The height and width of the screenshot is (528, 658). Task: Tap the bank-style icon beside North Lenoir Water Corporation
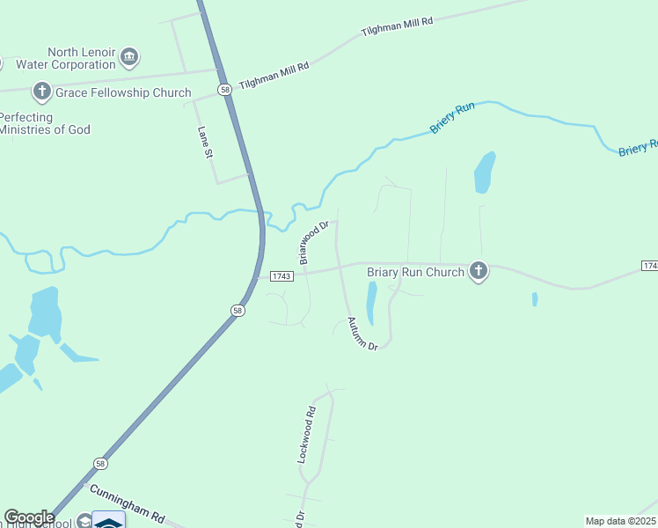point(129,58)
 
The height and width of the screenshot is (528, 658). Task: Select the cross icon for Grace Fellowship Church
point(41,91)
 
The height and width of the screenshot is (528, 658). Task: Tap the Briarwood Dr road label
point(312,242)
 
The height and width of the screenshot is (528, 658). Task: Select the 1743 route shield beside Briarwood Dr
point(281,275)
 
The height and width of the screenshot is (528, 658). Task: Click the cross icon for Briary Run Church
point(479,271)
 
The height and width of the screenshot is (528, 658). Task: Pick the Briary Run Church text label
point(414,272)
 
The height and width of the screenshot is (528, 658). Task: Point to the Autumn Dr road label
point(362,334)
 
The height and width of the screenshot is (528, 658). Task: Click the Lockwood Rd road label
point(305,435)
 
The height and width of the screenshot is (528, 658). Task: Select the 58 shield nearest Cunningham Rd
point(101,463)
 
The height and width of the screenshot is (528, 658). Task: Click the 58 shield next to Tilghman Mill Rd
point(226,90)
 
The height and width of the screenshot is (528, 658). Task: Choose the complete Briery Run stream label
point(452,119)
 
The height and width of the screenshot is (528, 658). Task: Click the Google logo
point(29,517)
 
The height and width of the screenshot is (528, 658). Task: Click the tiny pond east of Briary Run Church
point(535,299)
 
